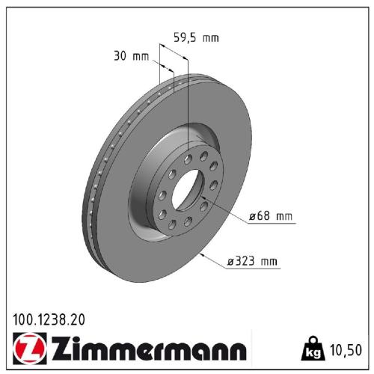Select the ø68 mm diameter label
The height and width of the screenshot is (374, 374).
(x=272, y=217)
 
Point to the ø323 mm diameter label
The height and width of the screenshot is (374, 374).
(x=253, y=261)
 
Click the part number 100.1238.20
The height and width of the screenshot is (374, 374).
(x=49, y=319)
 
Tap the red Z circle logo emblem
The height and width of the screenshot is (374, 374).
(x=28, y=349)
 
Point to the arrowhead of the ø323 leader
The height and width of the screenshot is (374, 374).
(x=203, y=252)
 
